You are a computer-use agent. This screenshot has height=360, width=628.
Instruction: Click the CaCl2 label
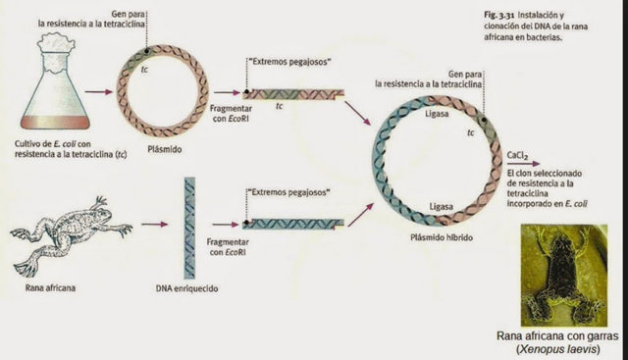pyautogui.click(x=519, y=155)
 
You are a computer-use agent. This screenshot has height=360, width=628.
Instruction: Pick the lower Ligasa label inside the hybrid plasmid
pyautogui.click(x=441, y=207)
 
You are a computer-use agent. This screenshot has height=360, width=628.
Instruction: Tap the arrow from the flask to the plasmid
pyautogui.click(x=98, y=93)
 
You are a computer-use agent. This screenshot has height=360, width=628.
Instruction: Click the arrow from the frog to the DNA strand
pyautogui.click(x=154, y=225)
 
